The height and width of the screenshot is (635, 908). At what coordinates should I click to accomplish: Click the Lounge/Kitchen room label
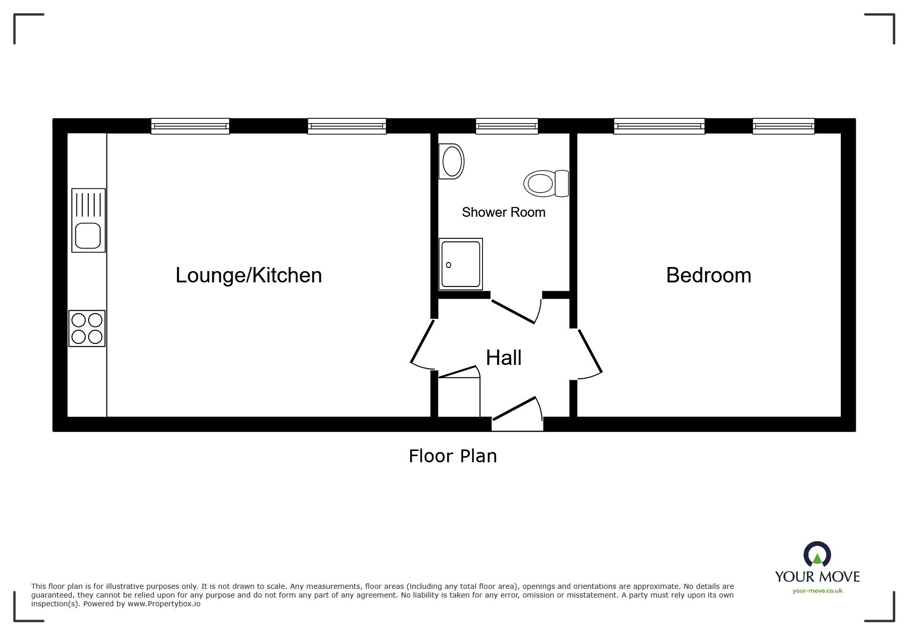[x=249, y=275]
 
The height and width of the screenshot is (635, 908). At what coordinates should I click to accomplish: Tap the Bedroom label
[x=709, y=275]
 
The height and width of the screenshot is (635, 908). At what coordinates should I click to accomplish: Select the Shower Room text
[x=503, y=212]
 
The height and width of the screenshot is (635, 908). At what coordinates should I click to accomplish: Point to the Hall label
[x=503, y=358]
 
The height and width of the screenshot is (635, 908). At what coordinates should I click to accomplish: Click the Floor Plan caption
[x=453, y=456]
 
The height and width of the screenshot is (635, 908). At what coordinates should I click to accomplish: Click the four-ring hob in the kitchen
[x=87, y=329]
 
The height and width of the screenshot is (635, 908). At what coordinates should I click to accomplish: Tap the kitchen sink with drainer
[x=88, y=220]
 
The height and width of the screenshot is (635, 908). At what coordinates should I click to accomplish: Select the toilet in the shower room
[x=546, y=183]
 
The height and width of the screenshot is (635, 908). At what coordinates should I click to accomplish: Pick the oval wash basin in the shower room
[x=451, y=161]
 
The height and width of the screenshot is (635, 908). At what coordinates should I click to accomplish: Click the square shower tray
[x=460, y=264]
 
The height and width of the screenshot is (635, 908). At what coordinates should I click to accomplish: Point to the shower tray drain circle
[x=449, y=265]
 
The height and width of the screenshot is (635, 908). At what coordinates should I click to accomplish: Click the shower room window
[x=507, y=126]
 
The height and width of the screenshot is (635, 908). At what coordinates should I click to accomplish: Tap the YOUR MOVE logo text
[x=817, y=577]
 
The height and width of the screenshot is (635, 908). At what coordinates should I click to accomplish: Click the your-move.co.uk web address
[x=817, y=591]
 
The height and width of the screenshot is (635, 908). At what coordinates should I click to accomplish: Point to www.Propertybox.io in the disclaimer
[x=164, y=604]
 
